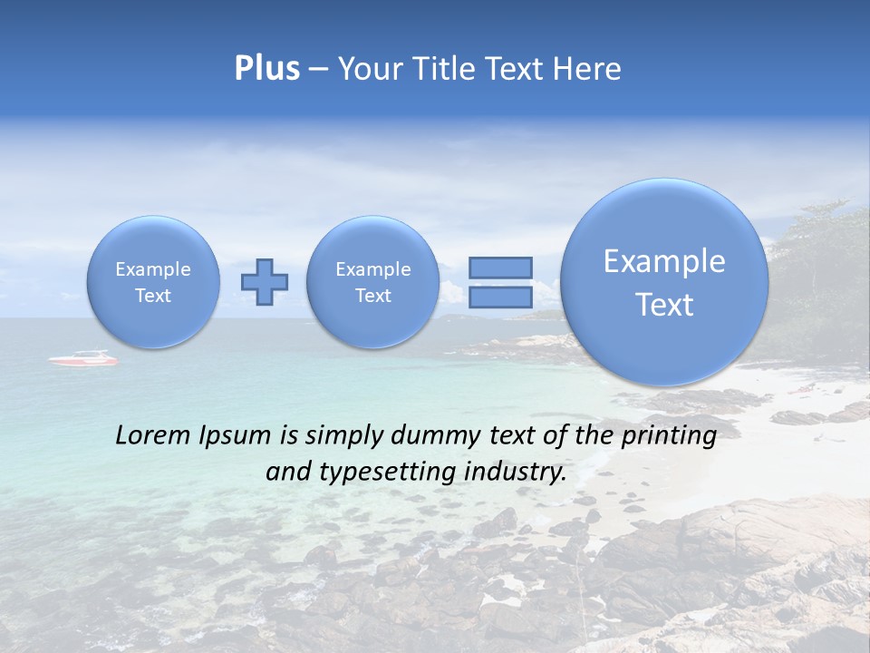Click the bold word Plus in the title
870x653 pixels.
[x=266, y=69]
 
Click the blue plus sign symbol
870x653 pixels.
[x=265, y=282]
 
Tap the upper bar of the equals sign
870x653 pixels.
[x=500, y=268]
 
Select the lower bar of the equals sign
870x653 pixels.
[x=500, y=297]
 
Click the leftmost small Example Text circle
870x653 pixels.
[x=153, y=282]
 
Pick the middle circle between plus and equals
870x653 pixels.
[x=372, y=282]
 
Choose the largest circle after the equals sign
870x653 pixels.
[x=664, y=282]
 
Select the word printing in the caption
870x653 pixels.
[x=669, y=436]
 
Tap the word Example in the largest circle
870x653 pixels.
[x=664, y=261]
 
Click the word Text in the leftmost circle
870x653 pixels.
[x=153, y=296]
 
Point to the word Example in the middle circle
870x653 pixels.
[x=372, y=269]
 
